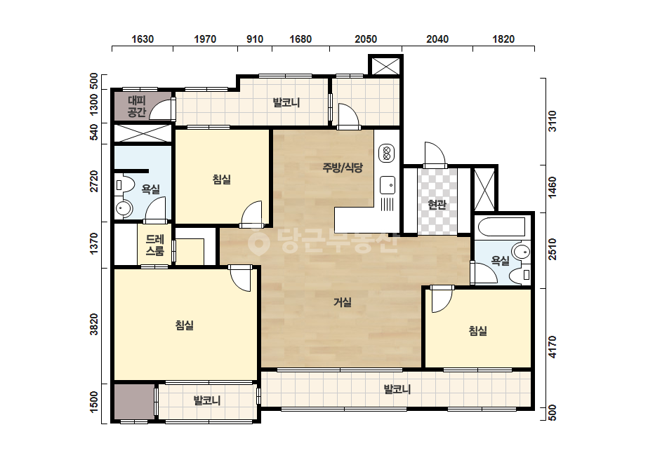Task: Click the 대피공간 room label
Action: pyautogui.click(x=137, y=106)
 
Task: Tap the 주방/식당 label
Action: pyautogui.click(x=343, y=167)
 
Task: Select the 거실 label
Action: pyautogui.click(x=343, y=302)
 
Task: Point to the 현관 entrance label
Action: pyautogui.click(x=437, y=204)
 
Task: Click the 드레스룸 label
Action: pyautogui.click(x=155, y=245)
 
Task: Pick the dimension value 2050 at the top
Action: pyautogui.click(x=366, y=39)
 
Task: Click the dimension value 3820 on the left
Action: pyautogui.click(x=94, y=325)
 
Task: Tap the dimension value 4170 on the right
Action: pyautogui.click(x=552, y=347)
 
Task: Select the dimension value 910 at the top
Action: pyautogui.click(x=255, y=39)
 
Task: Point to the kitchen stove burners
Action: pyautogui.click(x=387, y=154)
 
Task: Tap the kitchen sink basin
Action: pyautogui.click(x=388, y=184)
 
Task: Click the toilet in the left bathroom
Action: pyautogui.click(x=124, y=184)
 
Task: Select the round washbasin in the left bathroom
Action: pyautogui.click(x=124, y=208)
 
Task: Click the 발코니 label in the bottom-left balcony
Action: pyautogui.click(x=207, y=400)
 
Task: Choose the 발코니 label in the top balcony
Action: pyautogui.click(x=286, y=102)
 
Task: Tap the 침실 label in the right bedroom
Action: pyautogui.click(x=477, y=330)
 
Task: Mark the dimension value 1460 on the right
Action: pyautogui.click(x=552, y=187)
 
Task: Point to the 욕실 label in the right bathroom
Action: pyautogui.click(x=500, y=261)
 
